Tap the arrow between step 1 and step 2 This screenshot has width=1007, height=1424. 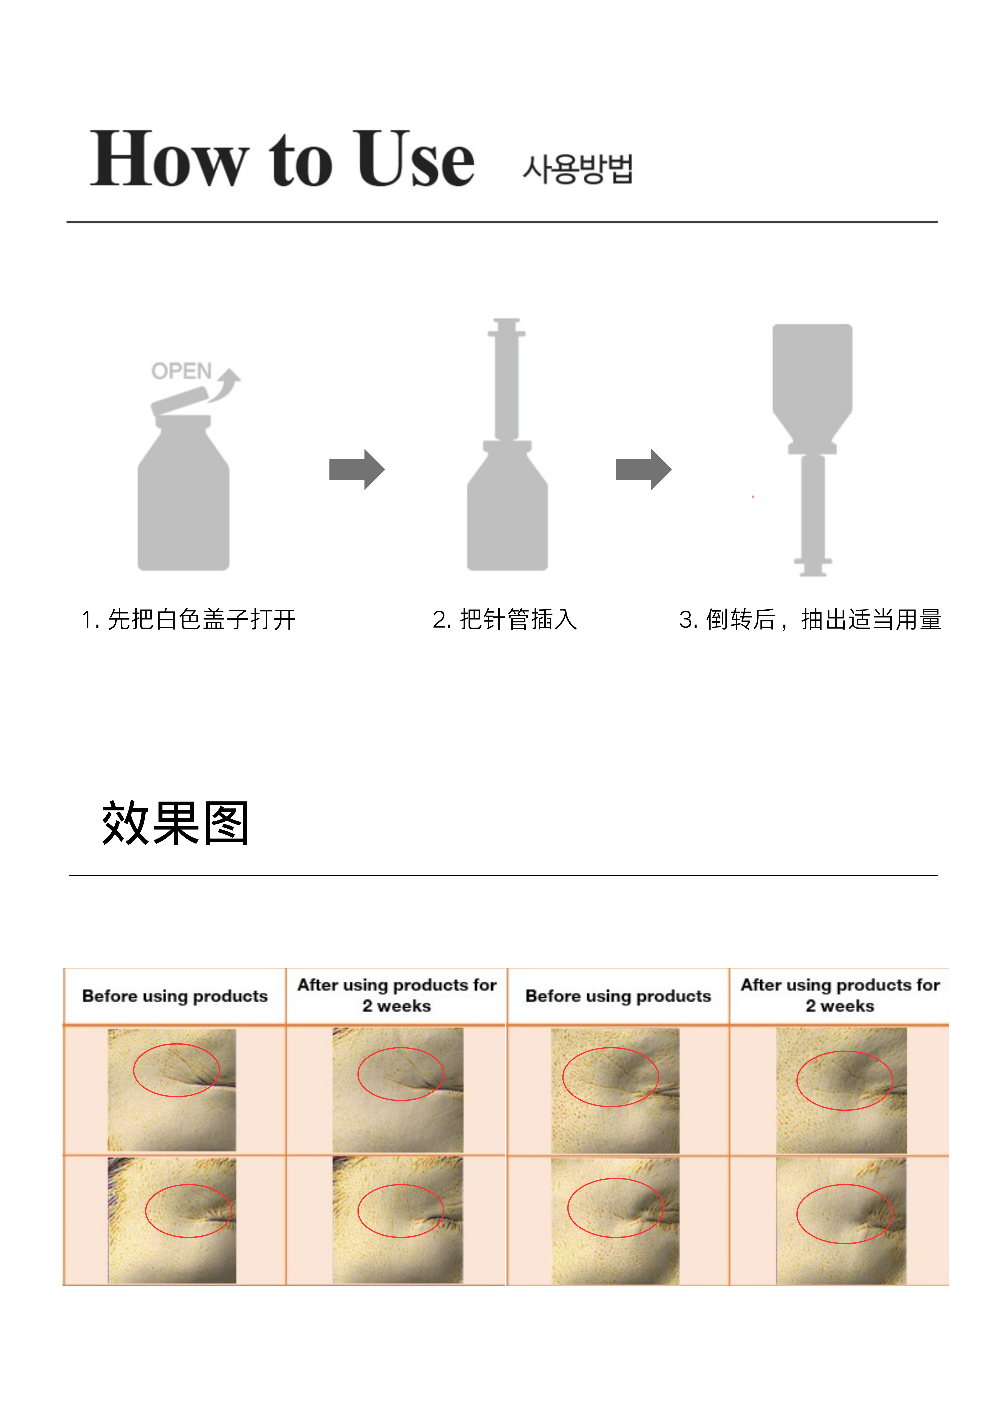click(x=357, y=470)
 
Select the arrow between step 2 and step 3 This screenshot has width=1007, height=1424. click(x=643, y=470)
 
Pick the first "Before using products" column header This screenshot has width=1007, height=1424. click(x=175, y=996)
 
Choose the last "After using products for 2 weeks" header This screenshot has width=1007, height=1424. click(x=840, y=995)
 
